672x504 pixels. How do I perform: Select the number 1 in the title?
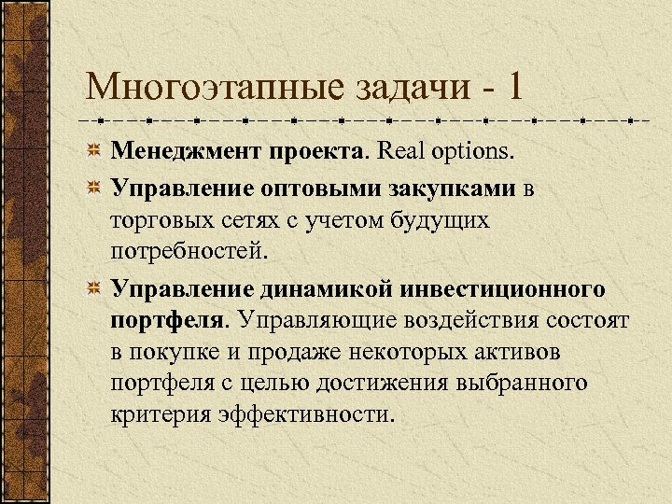click(x=514, y=89)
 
